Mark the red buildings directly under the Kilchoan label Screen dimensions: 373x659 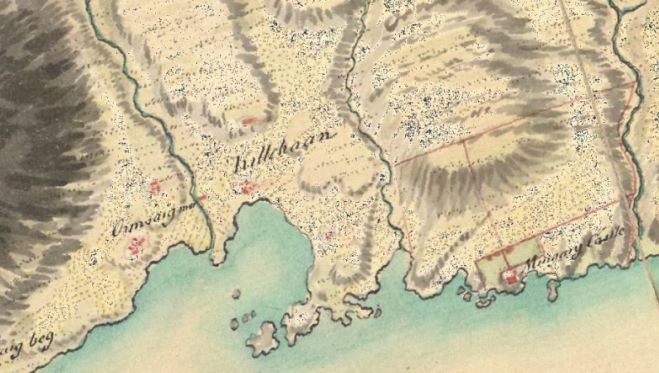pyautogui.click(x=249, y=189)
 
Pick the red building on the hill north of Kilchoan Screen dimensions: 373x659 pyautogui.click(x=248, y=121)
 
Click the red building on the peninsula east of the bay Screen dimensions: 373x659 pyautogui.click(x=329, y=236)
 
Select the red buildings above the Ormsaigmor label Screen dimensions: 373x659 pyautogui.click(x=154, y=187)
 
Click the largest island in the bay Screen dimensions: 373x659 pyautogui.click(x=263, y=337)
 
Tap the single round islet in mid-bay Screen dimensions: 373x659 pyautogui.click(x=236, y=293)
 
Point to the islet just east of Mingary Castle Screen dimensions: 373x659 pyautogui.click(x=552, y=288)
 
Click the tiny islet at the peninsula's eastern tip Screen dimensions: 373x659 pyautogui.click(x=378, y=313)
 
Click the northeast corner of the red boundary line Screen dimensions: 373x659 pyautogui.click(x=634, y=83)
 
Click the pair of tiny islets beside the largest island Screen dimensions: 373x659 pyautogui.click(x=248, y=315)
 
